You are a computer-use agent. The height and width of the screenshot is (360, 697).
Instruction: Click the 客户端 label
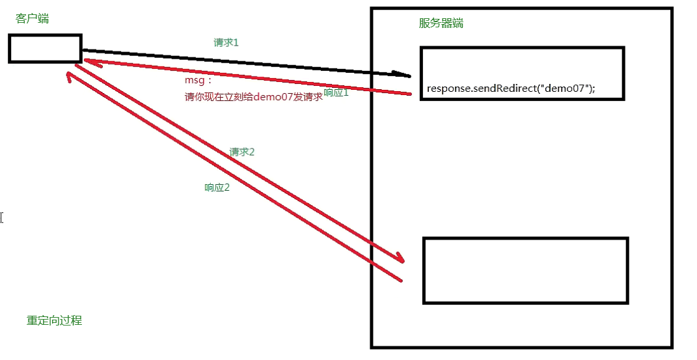(x=32, y=19)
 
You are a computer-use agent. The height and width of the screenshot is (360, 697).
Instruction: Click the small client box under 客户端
(x=45, y=49)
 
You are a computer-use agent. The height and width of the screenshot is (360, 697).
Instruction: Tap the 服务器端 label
(x=441, y=23)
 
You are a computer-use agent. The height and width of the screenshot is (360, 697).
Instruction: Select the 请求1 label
(x=226, y=42)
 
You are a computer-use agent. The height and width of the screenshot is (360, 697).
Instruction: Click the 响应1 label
(x=336, y=93)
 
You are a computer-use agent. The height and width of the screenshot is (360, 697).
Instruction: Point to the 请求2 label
(x=241, y=152)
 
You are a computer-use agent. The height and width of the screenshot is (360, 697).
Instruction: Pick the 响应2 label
(x=217, y=187)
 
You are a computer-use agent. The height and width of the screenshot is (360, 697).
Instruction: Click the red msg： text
(x=198, y=81)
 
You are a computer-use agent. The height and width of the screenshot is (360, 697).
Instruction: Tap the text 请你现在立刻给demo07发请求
(x=253, y=97)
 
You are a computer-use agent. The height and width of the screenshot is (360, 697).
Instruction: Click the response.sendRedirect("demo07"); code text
(x=511, y=89)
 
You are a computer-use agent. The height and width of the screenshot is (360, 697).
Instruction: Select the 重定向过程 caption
(x=54, y=320)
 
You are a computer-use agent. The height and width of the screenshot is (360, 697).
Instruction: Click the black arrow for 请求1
(x=247, y=62)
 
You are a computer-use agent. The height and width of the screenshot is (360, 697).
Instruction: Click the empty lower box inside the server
(x=525, y=270)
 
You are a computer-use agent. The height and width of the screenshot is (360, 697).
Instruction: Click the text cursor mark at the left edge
(x=2, y=217)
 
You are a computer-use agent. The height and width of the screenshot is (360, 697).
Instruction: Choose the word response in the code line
(x=448, y=89)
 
